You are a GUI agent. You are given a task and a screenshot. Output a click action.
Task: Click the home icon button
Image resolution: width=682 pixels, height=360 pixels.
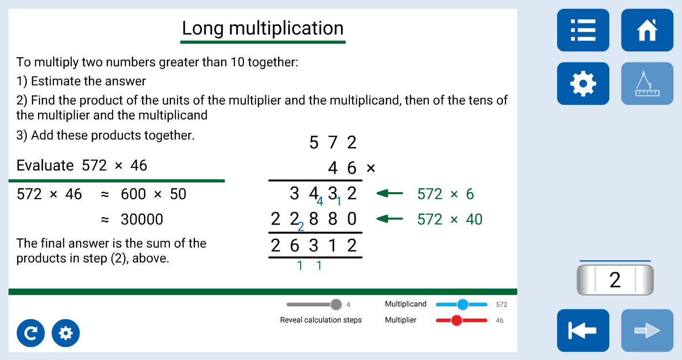coord(647,30)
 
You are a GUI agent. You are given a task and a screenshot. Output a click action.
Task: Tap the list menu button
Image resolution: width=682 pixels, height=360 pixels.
coord(583,30)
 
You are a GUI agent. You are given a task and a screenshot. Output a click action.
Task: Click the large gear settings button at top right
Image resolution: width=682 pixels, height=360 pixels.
coord(583,83)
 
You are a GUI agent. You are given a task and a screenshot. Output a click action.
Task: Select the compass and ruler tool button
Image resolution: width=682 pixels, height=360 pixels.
coord(647,83)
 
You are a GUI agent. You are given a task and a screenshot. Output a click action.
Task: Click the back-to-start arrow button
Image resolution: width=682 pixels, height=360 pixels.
coord(583,330)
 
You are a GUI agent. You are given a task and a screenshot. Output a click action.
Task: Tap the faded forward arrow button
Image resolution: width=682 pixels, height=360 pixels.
coord(647,330)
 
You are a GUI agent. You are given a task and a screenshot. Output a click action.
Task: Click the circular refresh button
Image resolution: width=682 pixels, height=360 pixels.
coord(30,333)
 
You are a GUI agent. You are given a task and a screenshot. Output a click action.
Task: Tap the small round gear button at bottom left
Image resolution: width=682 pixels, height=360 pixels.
coord(66,333)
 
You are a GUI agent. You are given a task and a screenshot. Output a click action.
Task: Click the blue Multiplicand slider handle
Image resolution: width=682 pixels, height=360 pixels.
coord(462,304)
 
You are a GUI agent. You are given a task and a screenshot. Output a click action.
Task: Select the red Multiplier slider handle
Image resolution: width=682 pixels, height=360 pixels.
coord(457,320)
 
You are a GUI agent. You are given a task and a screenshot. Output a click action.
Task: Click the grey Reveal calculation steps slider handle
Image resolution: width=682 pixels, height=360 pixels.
coord(336,304)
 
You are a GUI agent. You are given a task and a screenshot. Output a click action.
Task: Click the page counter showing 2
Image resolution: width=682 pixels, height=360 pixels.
coord(615,280)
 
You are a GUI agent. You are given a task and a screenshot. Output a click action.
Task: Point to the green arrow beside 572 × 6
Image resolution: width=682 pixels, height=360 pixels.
coord(389,193)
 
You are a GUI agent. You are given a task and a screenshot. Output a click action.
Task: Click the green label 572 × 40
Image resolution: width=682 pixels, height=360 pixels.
coord(450,220)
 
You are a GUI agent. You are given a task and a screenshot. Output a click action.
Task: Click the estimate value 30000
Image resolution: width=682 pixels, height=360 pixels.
coord(142,220)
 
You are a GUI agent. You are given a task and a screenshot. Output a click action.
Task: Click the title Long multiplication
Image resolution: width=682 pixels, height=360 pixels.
coord(263,28)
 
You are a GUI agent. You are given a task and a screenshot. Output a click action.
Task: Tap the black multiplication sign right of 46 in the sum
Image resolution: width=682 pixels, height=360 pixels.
coord(371,168)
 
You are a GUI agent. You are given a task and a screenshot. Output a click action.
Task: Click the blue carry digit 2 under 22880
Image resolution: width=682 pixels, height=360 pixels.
coord(301,227)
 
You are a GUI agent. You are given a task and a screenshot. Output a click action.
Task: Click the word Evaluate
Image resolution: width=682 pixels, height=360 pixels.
coord(45,165)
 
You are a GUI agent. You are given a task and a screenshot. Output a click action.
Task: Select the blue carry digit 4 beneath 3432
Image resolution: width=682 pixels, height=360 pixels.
coord(320,201)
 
